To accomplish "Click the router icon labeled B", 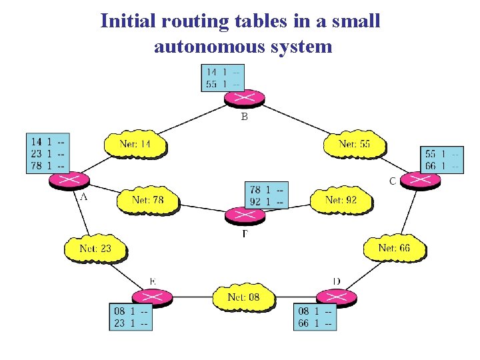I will click(x=244, y=98).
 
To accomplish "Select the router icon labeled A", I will click(x=68, y=179).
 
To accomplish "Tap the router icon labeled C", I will click(x=421, y=180).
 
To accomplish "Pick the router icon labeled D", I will click(x=335, y=297).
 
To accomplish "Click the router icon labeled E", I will click(x=153, y=297).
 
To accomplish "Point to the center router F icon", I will click(x=245, y=215).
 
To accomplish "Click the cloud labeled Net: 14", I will click(x=135, y=144).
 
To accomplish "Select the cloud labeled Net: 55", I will click(x=354, y=144).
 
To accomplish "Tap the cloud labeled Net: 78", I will click(x=148, y=200).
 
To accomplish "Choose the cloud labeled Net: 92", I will click(x=341, y=200).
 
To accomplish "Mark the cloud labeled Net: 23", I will click(x=95, y=249).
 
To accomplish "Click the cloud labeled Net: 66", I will click(x=394, y=248).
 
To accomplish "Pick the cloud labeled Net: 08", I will click(x=243, y=297).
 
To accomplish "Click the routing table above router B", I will click(x=223, y=77).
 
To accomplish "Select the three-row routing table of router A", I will click(x=49, y=153).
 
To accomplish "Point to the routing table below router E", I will click(x=131, y=317).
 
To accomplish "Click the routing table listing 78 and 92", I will click(x=267, y=195).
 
